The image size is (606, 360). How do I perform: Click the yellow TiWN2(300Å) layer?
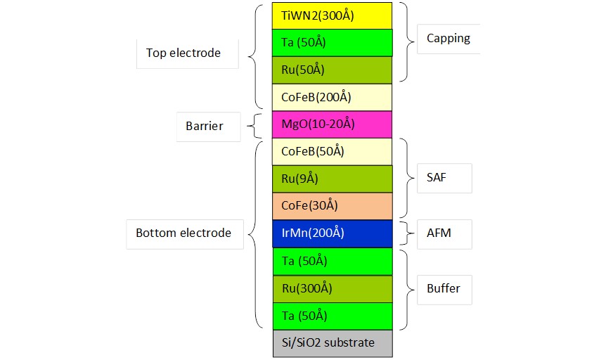tap(332, 16)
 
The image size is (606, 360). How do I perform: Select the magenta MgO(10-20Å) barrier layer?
tap(332, 124)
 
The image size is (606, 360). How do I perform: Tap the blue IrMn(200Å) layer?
tap(333, 233)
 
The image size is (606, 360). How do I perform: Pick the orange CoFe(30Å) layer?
tap(333, 206)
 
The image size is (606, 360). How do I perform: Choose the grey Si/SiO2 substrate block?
tap(333, 343)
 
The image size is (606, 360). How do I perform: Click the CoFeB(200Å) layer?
tap(332, 98)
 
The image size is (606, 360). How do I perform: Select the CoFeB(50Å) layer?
tap(332, 152)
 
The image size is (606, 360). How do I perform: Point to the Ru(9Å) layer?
tap(333, 179)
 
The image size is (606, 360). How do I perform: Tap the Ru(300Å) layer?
tap(333, 289)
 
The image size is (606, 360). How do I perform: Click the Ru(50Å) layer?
tap(332, 70)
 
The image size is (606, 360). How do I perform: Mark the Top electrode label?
tap(183, 53)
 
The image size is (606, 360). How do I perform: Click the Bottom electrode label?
tap(183, 233)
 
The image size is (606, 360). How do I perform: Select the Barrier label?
tap(204, 126)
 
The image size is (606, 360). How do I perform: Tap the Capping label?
tap(449, 38)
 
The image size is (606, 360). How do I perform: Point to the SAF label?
tap(437, 177)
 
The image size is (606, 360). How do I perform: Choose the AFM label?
tap(439, 233)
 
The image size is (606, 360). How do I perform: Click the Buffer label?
tap(444, 288)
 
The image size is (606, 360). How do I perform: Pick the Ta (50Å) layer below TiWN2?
tap(333, 42)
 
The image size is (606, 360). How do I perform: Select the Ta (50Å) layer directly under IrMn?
tap(333, 262)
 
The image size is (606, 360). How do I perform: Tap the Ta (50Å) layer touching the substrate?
tap(333, 316)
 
